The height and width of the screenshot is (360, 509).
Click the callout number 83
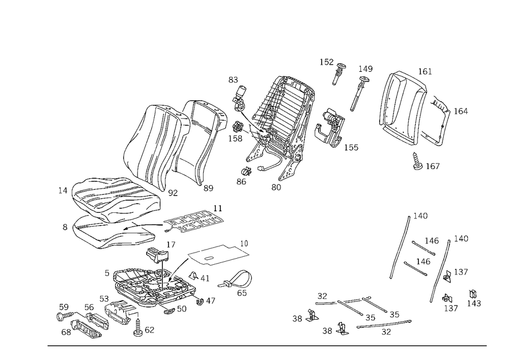click(x=233, y=80)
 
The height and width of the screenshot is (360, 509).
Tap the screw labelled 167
click(x=417, y=161)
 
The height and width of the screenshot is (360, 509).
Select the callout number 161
click(x=425, y=71)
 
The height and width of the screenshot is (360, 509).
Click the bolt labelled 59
click(x=65, y=316)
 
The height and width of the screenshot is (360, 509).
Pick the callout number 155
click(x=351, y=148)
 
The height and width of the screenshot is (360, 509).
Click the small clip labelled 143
click(x=473, y=294)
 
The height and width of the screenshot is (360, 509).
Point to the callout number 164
click(x=461, y=112)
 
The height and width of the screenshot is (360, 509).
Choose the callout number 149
click(x=365, y=69)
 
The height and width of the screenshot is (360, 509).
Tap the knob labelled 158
click(x=239, y=126)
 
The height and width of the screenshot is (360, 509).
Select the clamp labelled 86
click(x=247, y=171)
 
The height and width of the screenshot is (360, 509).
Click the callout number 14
click(x=63, y=191)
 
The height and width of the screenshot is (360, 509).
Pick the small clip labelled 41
click(x=193, y=275)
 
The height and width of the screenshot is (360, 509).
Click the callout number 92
click(x=173, y=193)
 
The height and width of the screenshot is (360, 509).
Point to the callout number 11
click(x=218, y=208)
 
